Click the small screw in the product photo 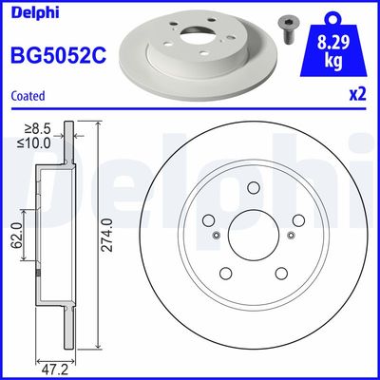click(286, 22)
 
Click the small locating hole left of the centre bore click(218, 236)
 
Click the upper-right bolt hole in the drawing click(297, 220)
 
